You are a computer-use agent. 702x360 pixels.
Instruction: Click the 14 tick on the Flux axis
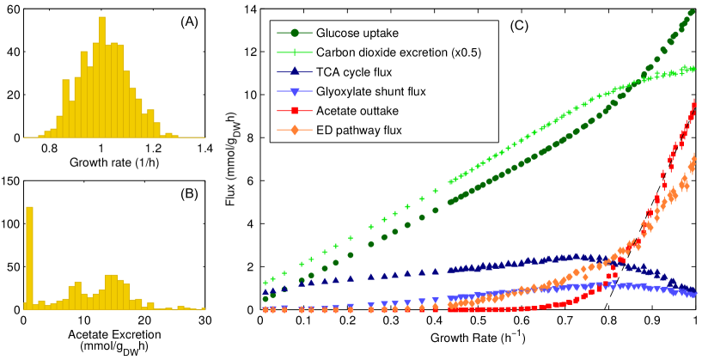click(x=250, y=9)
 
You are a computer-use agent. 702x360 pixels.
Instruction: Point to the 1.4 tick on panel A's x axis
click(x=204, y=148)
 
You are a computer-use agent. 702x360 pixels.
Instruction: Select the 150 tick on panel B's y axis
click(x=12, y=180)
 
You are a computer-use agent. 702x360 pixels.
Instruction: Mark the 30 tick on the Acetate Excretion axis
click(x=204, y=320)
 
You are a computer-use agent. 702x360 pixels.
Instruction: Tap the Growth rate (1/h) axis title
click(x=112, y=161)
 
